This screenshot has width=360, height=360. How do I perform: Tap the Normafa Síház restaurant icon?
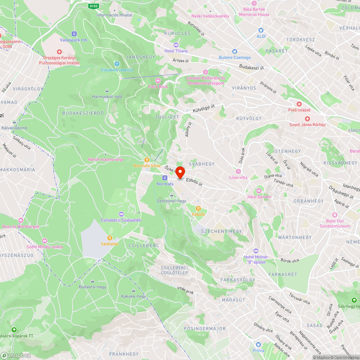(147, 160)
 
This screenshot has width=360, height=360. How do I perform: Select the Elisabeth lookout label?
(117, 70)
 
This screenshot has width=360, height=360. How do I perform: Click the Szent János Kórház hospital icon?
(307, 119)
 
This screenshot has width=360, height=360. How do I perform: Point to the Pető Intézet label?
(299, 110)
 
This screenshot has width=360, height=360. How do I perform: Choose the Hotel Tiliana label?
(176, 51)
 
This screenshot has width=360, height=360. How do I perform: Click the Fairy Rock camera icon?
(158, 81)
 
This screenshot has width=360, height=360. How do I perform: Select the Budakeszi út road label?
(252, 67)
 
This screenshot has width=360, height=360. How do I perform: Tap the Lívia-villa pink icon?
(238, 171)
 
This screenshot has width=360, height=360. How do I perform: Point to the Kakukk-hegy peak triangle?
(134, 291)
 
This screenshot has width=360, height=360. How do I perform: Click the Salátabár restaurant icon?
(110, 238)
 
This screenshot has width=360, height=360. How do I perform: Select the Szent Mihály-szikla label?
(45, 247)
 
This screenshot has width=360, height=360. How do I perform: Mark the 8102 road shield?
(94, 6)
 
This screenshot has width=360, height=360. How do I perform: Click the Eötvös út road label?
(194, 183)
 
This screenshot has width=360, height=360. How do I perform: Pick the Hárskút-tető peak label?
(107, 96)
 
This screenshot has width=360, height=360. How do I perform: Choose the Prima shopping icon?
(258, 344)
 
